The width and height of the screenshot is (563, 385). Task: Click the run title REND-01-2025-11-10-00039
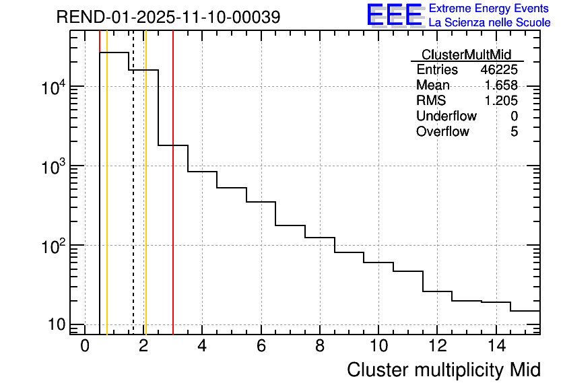[168, 17]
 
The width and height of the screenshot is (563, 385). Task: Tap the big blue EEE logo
[394, 15]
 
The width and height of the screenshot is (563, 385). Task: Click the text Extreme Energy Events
[490, 9]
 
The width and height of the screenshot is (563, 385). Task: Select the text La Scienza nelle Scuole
[490, 22]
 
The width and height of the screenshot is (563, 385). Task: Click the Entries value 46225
[499, 70]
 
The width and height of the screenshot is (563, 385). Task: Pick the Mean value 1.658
[501, 85]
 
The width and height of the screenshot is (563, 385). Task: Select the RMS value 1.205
[501, 101]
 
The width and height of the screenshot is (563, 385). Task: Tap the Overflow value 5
[514, 132]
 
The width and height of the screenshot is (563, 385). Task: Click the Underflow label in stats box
[446, 116]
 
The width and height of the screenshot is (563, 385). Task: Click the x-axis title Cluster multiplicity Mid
[443, 370]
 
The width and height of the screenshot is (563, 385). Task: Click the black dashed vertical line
[133, 202]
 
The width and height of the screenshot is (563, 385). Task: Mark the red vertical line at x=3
[173, 202]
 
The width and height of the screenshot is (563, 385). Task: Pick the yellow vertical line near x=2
[145, 202]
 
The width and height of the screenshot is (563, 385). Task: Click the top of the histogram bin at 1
[114, 53]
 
